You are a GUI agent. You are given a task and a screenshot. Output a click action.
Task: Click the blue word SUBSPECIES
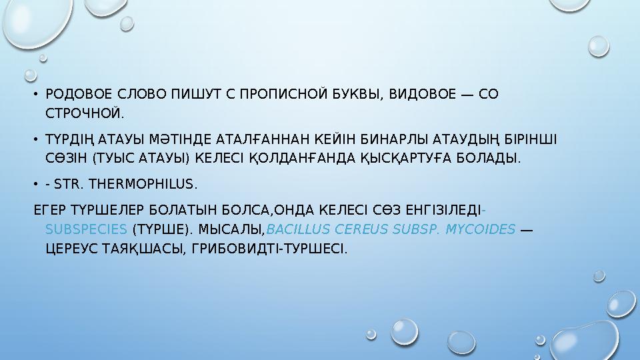click(x=86, y=229)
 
